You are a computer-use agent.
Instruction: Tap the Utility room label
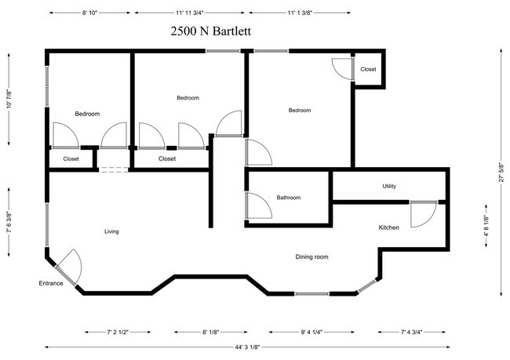(389, 186)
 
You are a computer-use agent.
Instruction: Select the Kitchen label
(389, 227)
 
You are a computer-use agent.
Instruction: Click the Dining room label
(311, 256)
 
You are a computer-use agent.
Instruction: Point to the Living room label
(111, 231)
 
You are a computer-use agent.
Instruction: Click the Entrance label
(51, 283)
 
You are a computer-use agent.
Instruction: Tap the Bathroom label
(288, 198)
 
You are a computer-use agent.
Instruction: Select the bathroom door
(257, 206)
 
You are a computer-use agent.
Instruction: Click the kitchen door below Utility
(423, 214)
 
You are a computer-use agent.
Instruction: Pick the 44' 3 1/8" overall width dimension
(257, 347)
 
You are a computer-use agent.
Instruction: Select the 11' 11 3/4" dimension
(190, 13)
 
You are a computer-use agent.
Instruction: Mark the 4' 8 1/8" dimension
(486, 226)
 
